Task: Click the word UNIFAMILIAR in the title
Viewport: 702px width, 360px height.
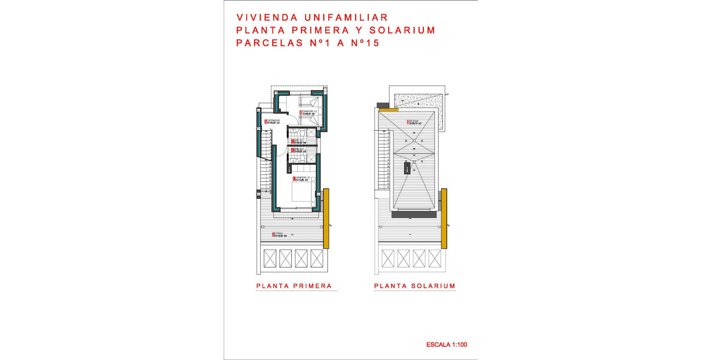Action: (x=346, y=18)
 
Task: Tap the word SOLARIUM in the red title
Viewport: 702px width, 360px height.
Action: (x=402, y=30)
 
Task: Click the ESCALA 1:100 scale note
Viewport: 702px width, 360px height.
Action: (x=447, y=345)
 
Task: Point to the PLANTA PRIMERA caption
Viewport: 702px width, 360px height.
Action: (x=294, y=286)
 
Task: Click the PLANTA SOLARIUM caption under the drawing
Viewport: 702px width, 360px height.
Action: (x=414, y=286)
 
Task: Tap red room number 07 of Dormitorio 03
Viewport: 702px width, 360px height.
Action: (x=301, y=113)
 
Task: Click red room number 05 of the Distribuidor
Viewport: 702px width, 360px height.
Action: (x=266, y=122)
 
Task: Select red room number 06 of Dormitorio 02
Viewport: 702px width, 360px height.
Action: (x=294, y=179)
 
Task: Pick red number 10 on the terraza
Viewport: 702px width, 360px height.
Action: (x=273, y=235)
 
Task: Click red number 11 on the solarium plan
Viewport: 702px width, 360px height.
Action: (x=408, y=123)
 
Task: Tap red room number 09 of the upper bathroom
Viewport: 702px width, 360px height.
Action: (x=293, y=142)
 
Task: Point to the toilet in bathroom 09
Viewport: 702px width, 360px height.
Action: (x=302, y=133)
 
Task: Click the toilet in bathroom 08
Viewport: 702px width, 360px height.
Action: (x=303, y=159)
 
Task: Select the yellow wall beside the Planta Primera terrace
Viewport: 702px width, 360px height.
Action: (x=326, y=219)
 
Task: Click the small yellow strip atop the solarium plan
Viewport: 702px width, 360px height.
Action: (x=388, y=110)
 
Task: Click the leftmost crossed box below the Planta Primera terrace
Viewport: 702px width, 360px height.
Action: (x=270, y=258)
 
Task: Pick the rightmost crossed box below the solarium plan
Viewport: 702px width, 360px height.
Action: (x=435, y=258)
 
